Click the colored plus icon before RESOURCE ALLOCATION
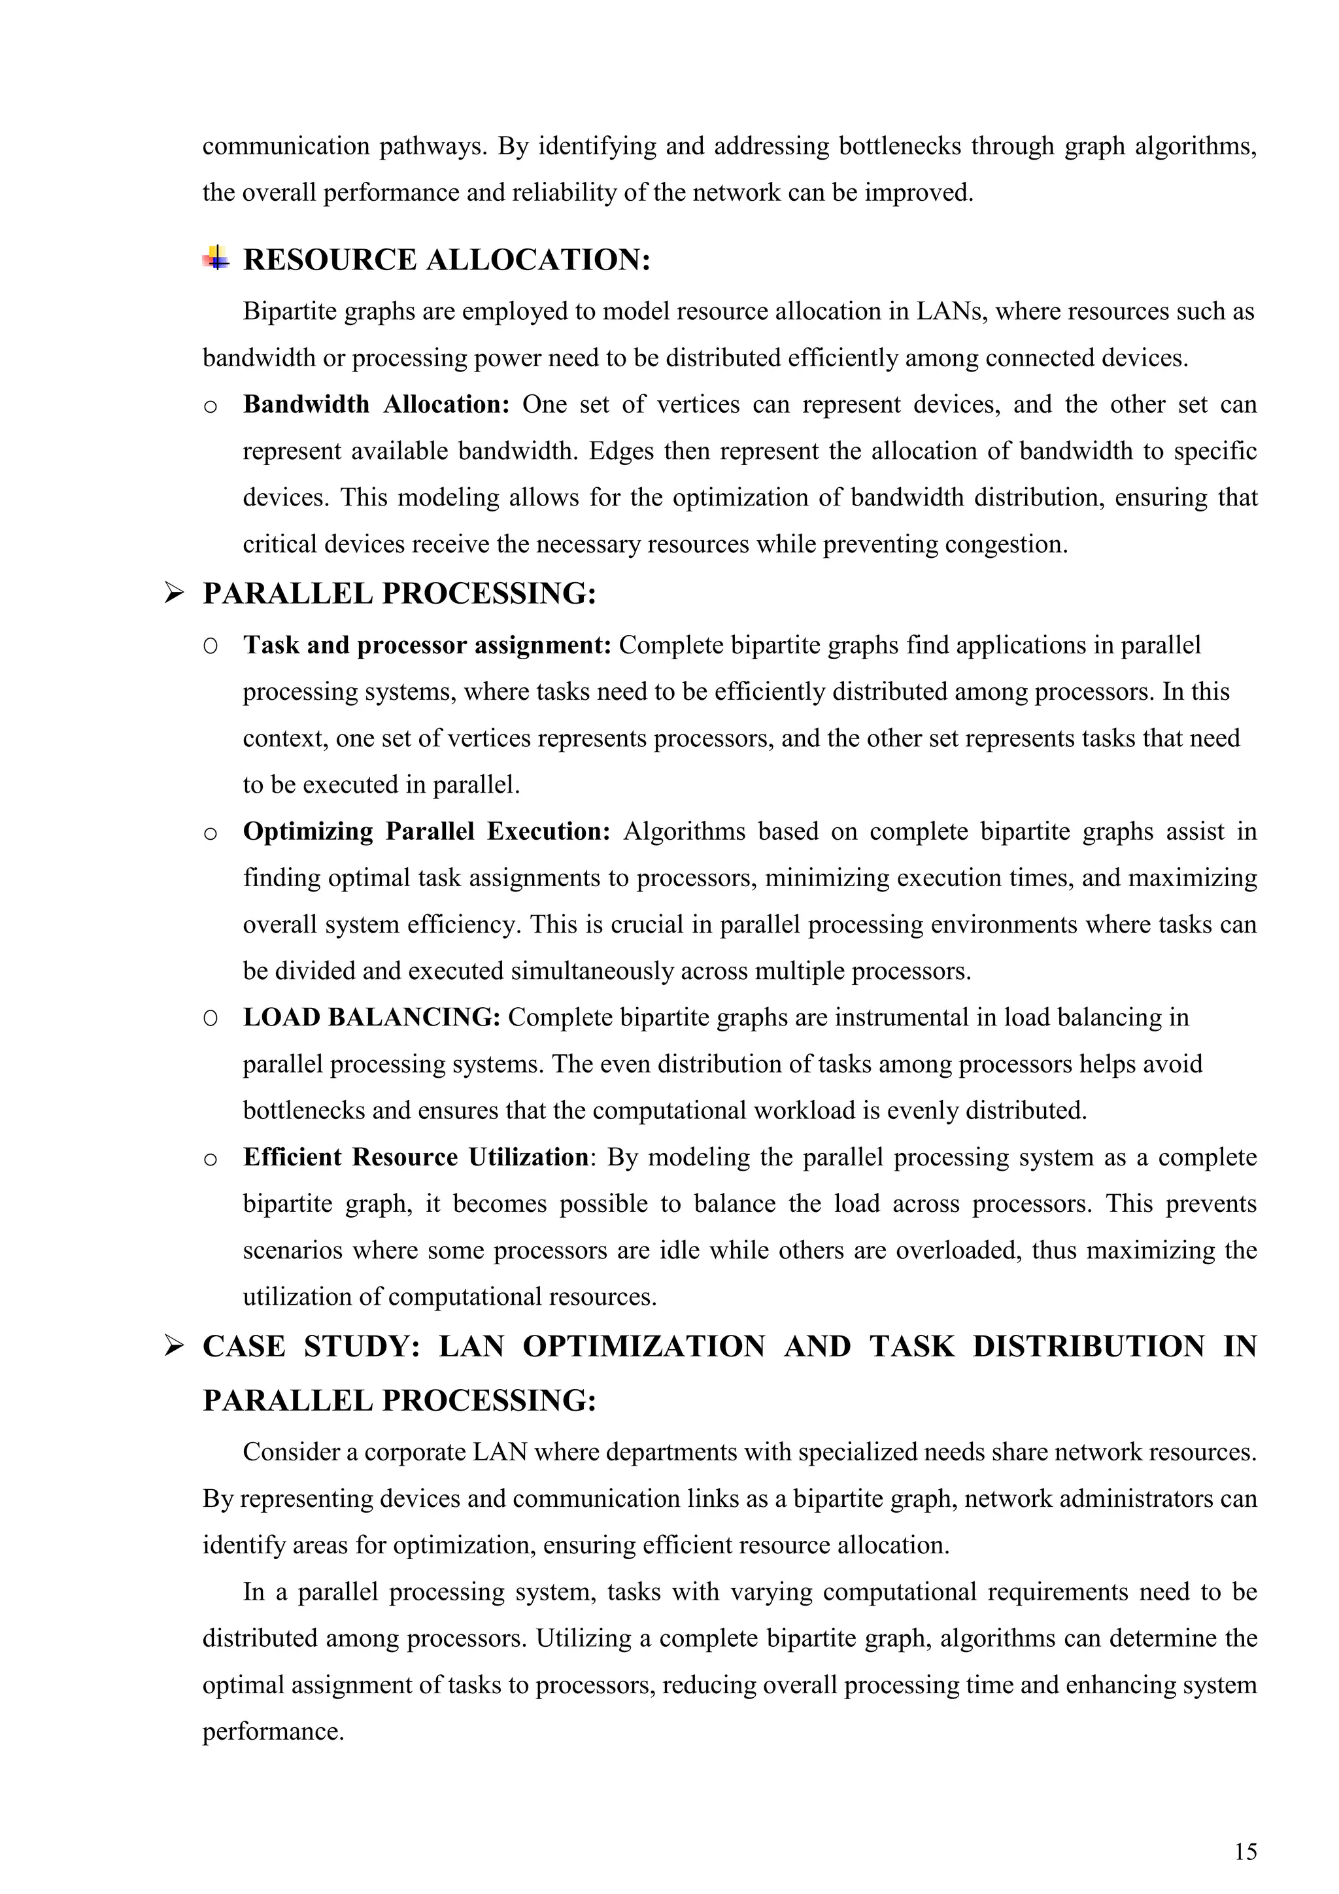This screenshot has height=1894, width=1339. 216,259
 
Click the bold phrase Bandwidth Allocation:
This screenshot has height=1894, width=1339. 376,404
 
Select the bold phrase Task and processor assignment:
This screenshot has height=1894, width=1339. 426,645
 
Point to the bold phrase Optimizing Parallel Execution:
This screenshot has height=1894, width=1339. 426,831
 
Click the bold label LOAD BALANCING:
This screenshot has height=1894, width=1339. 371,1017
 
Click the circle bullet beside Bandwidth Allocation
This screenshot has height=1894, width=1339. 211,407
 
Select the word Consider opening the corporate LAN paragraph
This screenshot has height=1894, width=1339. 292,1452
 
